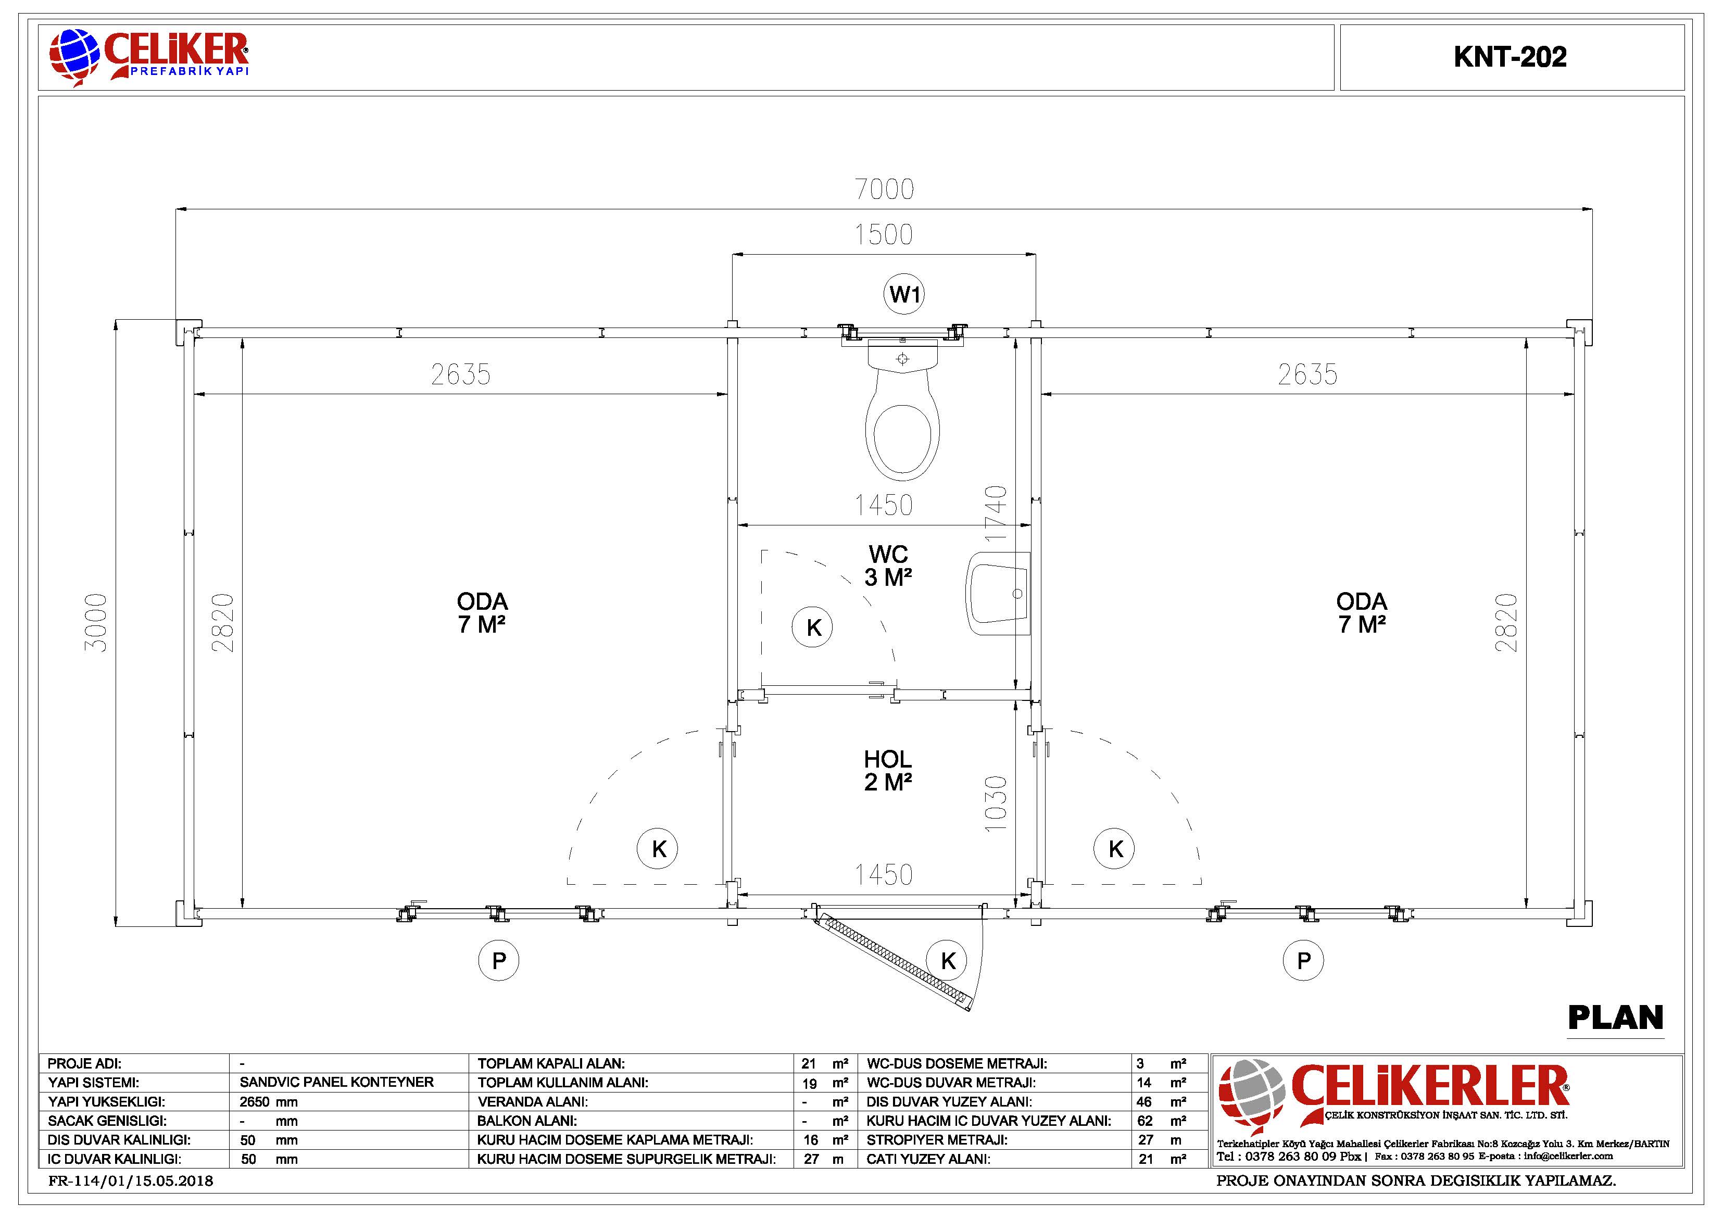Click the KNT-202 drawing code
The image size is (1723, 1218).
coord(1510,57)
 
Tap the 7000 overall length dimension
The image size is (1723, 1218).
coord(885,189)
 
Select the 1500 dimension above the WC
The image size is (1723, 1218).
coord(884,235)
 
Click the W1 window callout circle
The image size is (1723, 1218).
coord(903,294)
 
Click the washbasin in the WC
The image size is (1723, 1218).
coord(999,593)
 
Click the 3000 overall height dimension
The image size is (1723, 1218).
coord(96,622)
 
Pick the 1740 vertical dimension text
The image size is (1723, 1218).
coord(995,514)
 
